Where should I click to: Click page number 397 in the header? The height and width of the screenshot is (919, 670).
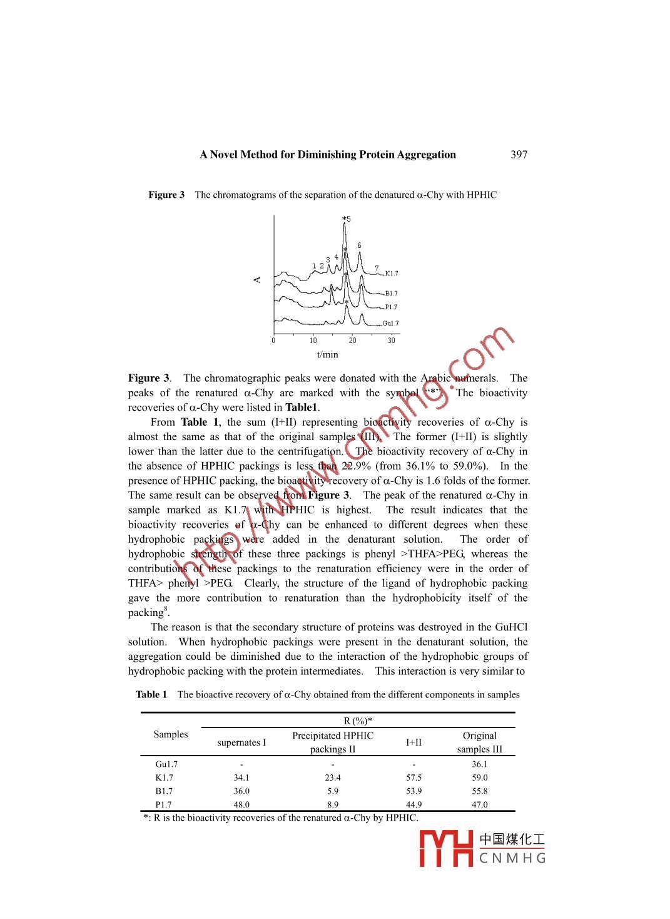pyautogui.click(x=519, y=155)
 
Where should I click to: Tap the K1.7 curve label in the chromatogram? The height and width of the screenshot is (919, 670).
pyautogui.click(x=392, y=274)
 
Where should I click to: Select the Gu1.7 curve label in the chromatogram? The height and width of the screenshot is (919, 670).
pyautogui.click(x=390, y=324)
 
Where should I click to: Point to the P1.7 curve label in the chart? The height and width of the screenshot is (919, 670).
pyautogui.click(x=391, y=307)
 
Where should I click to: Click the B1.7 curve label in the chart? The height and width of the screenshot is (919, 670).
pyautogui.click(x=391, y=294)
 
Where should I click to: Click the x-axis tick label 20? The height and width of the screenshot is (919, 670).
pyautogui.click(x=353, y=341)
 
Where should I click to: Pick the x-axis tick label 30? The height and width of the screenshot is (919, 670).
pyautogui.click(x=392, y=341)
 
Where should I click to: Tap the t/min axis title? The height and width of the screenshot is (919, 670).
pyautogui.click(x=327, y=355)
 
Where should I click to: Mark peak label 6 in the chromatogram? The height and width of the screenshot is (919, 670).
pyautogui.click(x=359, y=245)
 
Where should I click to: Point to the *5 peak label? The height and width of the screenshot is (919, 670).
pyautogui.click(x=347, y=219)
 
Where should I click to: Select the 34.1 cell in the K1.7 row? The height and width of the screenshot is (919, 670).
pyautogui.click(x=241, y=778)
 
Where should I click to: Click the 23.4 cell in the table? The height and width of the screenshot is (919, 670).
pyautogui.click(x=333, y=778)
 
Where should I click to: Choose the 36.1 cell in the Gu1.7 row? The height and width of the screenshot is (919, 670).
pyautogui.click(x=479, y=764)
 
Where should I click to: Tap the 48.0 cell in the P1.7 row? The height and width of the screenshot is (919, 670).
pyautogui.click(x=241, y=804)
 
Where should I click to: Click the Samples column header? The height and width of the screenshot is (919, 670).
pyautogui.click(x=170, y=734)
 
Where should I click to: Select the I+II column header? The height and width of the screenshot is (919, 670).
pyautogui.click(x=414, y=742)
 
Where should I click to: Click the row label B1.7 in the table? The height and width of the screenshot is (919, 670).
pyautogui.click(x=163, y=791)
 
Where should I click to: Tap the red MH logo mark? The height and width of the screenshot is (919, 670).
pyautogui.click(x=446, y=848)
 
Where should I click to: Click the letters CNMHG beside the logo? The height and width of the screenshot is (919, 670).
pyautogui.click(x=512, y=858)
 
